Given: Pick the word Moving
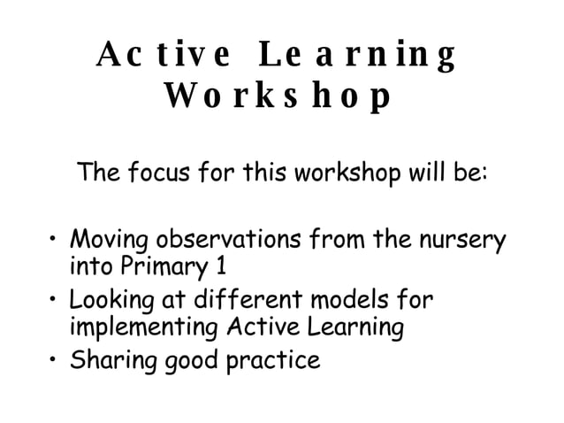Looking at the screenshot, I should coord(110,240).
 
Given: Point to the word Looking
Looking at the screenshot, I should coord(113,301).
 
